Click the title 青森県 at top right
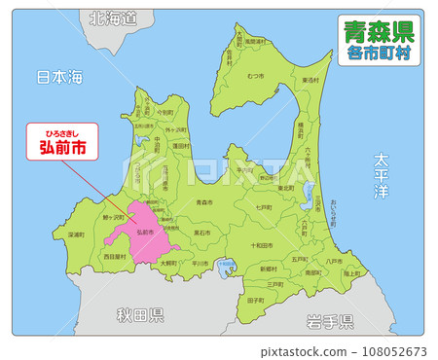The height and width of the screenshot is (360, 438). [380, 32]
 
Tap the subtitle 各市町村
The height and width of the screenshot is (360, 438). [380, 55]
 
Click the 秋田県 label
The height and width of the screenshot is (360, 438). [140, 314]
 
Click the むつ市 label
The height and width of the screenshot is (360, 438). [256, 75]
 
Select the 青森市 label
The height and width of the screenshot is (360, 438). [204, 202]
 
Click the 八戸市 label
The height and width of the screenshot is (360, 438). [334, 260]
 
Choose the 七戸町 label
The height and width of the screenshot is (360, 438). [263, 207]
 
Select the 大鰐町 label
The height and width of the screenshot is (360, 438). [167, 263]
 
